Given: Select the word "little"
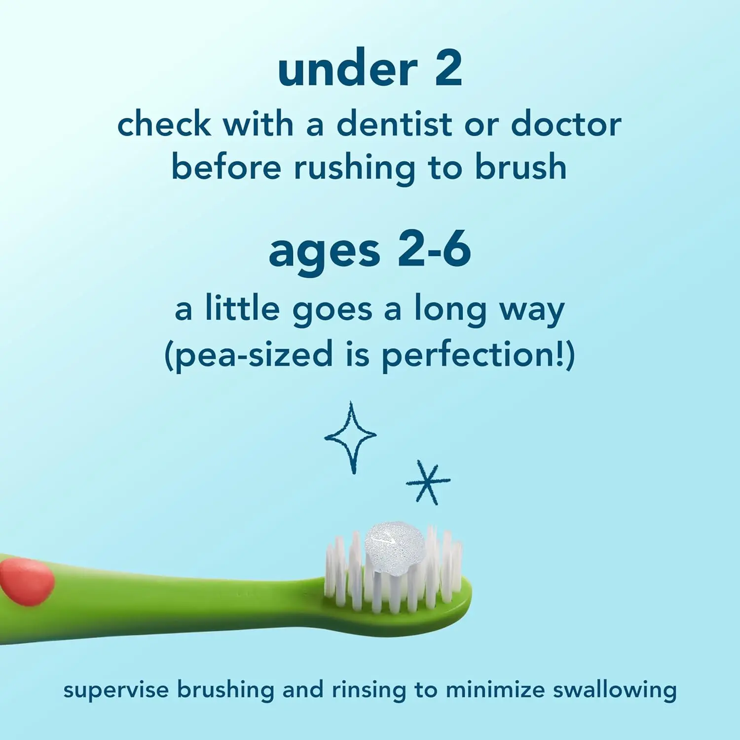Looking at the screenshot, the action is pos(243,308).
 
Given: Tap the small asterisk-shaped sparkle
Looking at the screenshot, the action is pos(428,481).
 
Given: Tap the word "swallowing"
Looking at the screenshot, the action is pos(614,691).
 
